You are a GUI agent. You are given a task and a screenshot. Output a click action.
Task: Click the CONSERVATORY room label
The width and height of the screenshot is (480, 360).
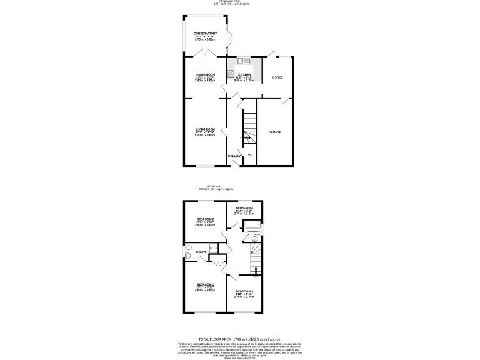(205, 34)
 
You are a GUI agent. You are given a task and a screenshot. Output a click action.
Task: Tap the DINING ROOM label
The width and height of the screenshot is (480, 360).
(205, 74)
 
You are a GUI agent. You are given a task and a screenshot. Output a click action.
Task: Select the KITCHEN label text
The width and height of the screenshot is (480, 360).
(244, 74)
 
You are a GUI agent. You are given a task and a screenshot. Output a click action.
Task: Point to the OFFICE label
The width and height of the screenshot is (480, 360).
(277, 77)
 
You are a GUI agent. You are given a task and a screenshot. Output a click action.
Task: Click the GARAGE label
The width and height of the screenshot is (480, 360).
(275, 132)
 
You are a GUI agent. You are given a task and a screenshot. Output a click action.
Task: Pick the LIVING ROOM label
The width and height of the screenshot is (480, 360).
(205, 129)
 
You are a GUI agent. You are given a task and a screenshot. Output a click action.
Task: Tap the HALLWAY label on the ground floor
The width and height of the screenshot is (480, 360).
(234, 156)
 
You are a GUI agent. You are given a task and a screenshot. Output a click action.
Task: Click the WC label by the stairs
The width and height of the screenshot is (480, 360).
(249, 154)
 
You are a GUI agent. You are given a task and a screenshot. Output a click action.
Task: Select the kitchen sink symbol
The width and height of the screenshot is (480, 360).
(242, 61)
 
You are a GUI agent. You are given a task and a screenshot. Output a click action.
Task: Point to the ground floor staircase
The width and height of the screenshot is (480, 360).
(249, 128)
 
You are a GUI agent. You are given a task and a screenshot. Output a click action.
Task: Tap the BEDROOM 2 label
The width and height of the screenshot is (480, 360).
(205, 219)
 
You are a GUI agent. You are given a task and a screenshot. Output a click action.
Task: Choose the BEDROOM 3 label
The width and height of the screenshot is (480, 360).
(244, 291)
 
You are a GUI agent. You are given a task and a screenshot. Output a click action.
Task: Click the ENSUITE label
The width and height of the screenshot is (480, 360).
(201, 252)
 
